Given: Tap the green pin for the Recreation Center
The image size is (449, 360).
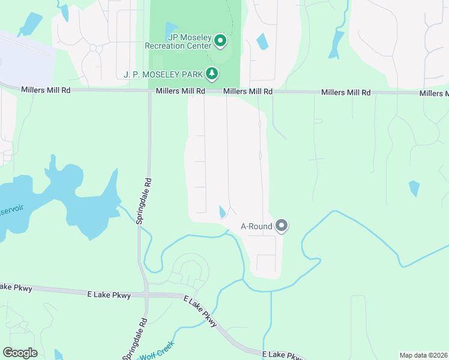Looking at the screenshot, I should [x=220, y=41].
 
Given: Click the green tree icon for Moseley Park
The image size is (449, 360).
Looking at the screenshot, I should [x=211, y=74].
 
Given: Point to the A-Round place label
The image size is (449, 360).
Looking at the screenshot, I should [x=256, y=227].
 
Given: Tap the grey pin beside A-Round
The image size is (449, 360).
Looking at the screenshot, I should [x=282, y=226].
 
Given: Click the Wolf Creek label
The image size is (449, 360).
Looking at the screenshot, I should [x=157, y=349].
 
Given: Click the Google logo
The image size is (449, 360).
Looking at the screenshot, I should [x=20, y=353].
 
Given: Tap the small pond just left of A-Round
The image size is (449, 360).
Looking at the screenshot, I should [x=223, y=212].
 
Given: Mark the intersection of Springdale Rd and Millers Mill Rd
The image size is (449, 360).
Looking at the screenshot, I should [x=149, y=91].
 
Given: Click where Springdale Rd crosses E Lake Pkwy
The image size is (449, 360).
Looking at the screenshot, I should [x=146, y=295].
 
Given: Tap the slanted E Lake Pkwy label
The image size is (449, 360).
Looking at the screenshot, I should [x=200, y=311].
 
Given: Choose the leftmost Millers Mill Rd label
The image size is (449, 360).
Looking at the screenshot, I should [x=46, y=89].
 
